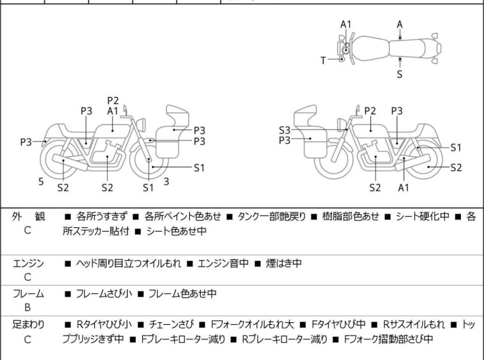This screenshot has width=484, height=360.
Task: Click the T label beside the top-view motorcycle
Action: click(324, 60)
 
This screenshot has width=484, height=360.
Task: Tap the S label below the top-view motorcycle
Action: click(399, 74)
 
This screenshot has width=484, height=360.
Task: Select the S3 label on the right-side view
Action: click(285, 130)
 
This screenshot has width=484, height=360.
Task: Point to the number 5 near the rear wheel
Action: click(41, 182)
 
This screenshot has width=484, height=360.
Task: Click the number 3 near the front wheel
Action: click(166, 182)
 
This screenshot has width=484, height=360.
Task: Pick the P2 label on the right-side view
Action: click(370, 110)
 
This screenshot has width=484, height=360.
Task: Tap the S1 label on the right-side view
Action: click(456, 147)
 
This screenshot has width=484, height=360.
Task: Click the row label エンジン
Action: click(28, 263)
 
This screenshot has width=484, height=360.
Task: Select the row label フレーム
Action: click(28, 294)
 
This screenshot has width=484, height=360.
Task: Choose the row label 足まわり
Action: click(28, 325)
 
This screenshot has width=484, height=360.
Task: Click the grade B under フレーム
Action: click(28, 307)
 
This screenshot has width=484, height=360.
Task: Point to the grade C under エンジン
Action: click(28, 277)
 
